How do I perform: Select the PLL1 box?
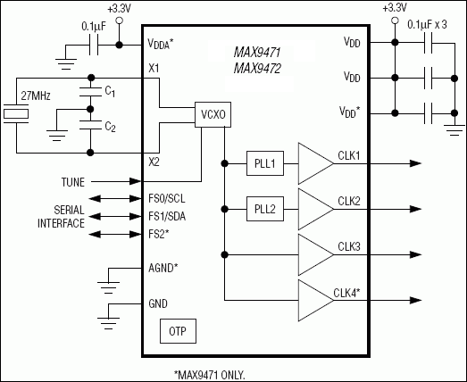click(263, 163)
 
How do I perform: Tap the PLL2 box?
click(263, 211)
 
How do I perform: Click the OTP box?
click(177, 332)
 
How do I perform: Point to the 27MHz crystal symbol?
click(15, 114)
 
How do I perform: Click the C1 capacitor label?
click(110, 92)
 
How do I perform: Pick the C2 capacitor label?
click(110, 127)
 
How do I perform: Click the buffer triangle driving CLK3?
click(313, 257)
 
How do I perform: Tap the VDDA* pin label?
click(166, 43)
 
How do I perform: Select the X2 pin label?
click(154, 162)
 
